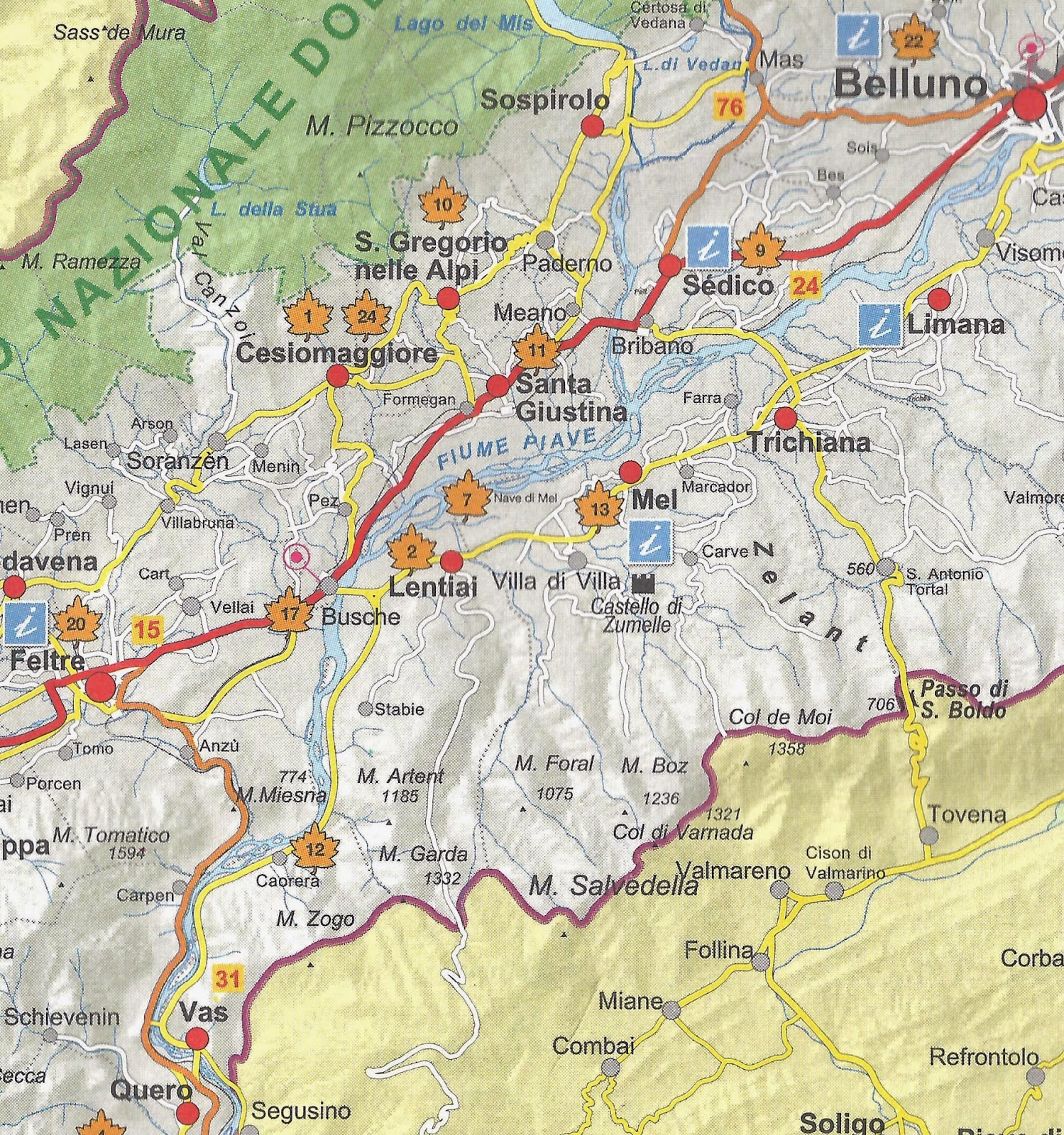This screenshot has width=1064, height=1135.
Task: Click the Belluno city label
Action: tap(910, 84)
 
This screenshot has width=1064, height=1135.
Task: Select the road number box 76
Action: tap(729, 107)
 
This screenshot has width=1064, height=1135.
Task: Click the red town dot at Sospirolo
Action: tap(592, 126)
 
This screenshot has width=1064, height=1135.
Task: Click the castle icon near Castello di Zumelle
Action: tap(642, 583)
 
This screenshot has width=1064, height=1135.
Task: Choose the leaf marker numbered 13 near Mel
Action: tap(600, 509)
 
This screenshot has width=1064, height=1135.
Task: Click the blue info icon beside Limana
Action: tap(880, 325)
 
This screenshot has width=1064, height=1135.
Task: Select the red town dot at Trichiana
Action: tap(785, 416)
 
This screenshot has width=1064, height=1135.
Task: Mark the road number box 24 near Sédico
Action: tap(805, 286)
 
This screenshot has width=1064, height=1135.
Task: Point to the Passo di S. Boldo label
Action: tap(962, 699)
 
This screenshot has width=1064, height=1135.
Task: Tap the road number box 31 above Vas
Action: tap(227, 979)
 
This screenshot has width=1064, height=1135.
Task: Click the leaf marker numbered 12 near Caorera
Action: tap(315, 850)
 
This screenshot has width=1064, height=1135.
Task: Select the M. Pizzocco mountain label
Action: tap(382, 127)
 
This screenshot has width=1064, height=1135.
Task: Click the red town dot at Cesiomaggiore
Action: tap(338, 377)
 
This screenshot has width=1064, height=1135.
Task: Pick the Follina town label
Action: tap(718, 950)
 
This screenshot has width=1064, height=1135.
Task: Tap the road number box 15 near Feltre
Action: tap(148, 629)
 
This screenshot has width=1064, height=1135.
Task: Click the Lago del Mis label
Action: tap(463, 23)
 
